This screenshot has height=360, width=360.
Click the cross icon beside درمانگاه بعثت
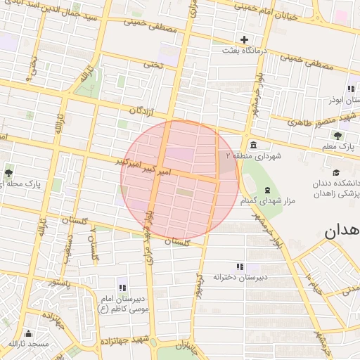click(x=244, y=39)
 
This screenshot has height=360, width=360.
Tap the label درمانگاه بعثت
click(x=243, y=51)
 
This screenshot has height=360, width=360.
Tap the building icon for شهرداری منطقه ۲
click(x=252, y=145)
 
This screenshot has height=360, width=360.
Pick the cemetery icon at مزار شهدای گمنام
click(x=266, y=190)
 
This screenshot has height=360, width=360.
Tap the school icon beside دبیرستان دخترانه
click(x=240, y=266)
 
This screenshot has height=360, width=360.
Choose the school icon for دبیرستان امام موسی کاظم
click(x=122, y=287)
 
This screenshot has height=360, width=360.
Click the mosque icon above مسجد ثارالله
click(x=28, y=333)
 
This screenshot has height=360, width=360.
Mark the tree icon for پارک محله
click(x=8, y=173)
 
